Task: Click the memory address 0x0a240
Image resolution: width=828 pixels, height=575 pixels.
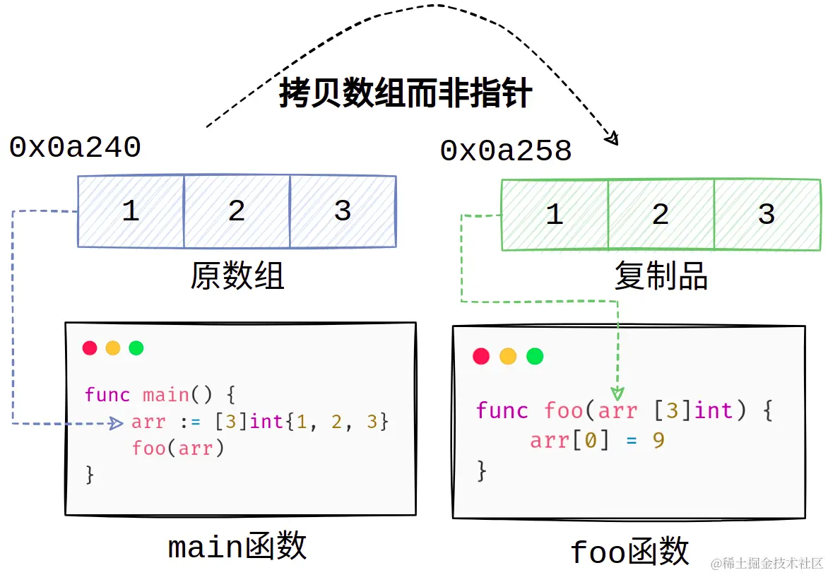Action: (x=75, y=147)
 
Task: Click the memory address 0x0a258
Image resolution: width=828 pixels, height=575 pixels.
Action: (x=506, y=150)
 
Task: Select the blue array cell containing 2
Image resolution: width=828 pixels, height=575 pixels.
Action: (x=237, y=211)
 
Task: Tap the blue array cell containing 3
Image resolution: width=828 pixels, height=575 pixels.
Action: (x=343, y=211)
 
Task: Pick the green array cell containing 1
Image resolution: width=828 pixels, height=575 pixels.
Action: (x=555, y=214)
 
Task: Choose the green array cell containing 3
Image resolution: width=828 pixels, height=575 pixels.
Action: (x=767, y=214)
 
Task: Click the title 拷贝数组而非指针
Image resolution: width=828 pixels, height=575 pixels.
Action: (x=405, y=93)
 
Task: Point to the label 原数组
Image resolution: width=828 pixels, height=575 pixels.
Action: (x=237, y=275)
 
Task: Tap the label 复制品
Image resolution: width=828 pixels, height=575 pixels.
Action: (x=661, y=275)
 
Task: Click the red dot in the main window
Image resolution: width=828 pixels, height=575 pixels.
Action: (x=90, y=348)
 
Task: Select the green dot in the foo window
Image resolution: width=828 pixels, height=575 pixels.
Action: (x=535, y=357)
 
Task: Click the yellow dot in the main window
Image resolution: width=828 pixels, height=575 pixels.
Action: (x=113, y=348)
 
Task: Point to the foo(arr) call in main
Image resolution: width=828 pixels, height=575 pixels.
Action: (x=178, y=449)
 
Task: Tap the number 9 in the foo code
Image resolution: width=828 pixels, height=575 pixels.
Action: (x=658, y=440)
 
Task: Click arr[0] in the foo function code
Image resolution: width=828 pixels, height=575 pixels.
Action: (x=569, y=440)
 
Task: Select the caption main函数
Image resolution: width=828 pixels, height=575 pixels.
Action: (x=237, y=546)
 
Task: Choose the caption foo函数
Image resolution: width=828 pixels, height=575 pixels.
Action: (x=629, y=551)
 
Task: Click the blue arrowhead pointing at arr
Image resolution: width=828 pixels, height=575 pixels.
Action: (x=117, y=423)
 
